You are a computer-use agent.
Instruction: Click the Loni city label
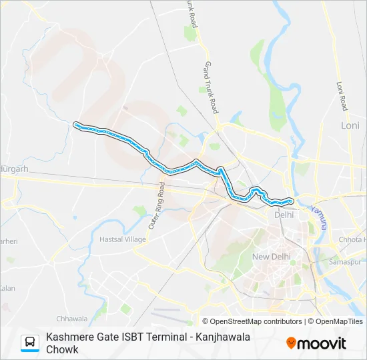pos(350,125)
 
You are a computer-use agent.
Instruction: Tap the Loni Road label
pos(342,95)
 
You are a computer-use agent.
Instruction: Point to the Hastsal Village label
pos(122,239)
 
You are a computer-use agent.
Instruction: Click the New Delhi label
pos(271,257)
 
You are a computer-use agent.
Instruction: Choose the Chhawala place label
pos(72,319)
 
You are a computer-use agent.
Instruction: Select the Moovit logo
pos(316,343)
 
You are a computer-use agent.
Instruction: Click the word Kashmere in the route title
pos(70,337)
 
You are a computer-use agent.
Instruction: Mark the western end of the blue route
pos(75,124)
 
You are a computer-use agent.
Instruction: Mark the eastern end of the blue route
pos(292,200)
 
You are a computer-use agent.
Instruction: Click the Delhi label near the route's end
pos(284,215)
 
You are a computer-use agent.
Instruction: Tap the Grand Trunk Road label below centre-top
pos(212,87)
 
